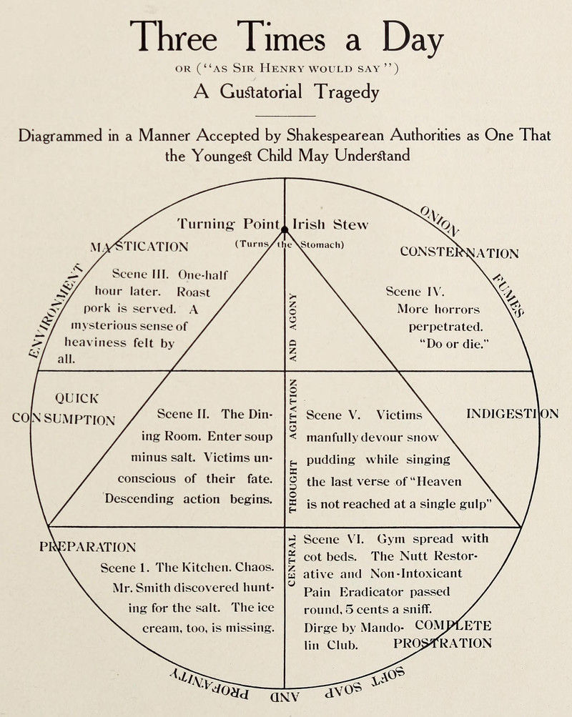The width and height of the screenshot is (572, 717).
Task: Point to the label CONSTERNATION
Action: click(460, 252)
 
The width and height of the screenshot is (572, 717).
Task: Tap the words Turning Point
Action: click(227, 223)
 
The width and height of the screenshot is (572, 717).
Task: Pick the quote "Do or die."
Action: click(454, 345)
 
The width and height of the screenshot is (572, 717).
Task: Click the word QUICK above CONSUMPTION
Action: click(77, 398)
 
